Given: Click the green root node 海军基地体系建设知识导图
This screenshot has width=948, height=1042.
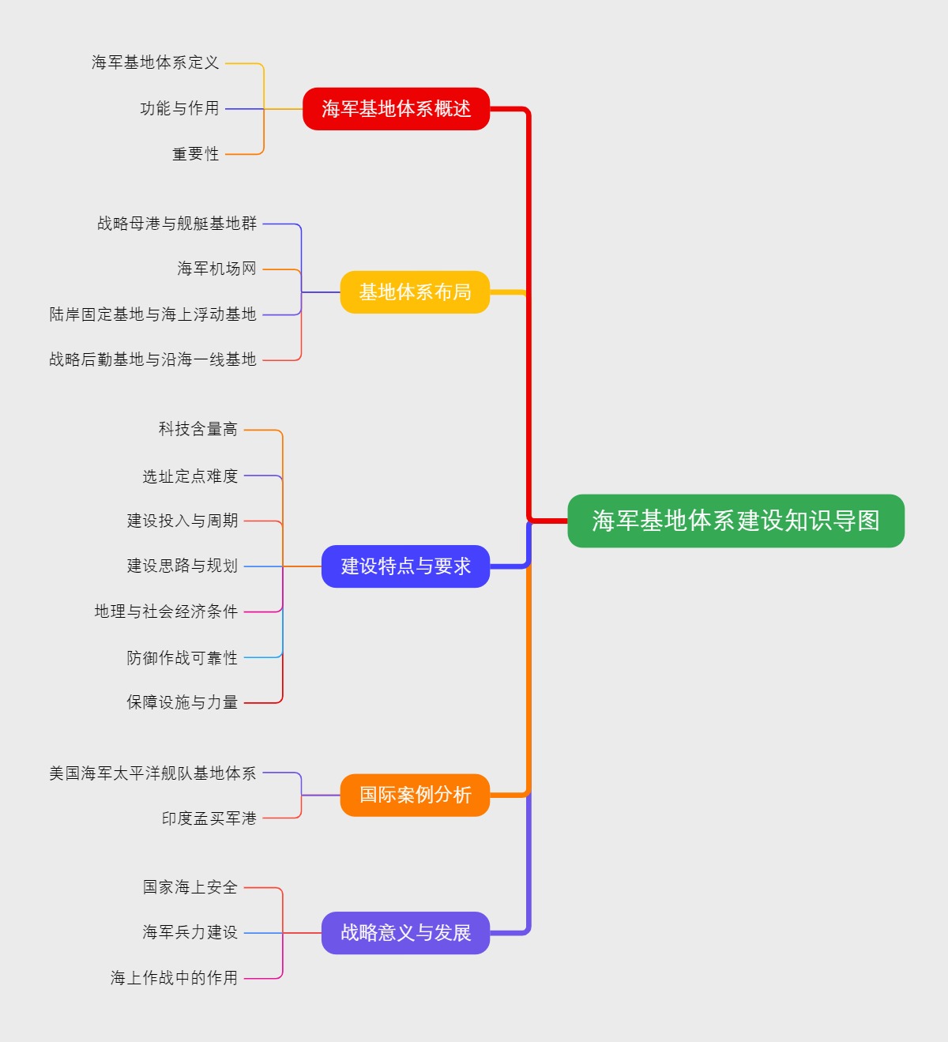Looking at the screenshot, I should (x=735, y=521).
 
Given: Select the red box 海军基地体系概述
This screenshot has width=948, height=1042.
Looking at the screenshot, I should (x=396, y=109).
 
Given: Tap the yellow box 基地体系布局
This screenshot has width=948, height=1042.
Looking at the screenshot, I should (x=415, y=292).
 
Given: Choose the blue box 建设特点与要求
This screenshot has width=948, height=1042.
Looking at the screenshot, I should (x=405, y=566).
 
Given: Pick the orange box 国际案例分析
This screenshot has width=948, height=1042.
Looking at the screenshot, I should (x=415, y=795).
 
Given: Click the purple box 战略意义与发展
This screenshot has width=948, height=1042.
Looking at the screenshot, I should (x=405, y=933).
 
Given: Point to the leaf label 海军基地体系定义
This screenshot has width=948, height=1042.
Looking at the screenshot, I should (x=156, y=62).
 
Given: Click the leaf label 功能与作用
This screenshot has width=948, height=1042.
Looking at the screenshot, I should (x=179, y=108).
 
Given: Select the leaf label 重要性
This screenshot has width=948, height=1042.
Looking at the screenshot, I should (x=196, y=154).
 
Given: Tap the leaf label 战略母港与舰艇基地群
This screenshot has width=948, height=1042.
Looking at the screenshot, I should (x=177, y=224).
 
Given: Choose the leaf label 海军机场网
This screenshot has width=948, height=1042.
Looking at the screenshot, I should (x=217, y=269).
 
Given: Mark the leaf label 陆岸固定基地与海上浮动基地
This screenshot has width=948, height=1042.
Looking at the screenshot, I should (x=153, y=314).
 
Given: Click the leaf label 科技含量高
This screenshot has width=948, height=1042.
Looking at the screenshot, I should (x=198, y=429).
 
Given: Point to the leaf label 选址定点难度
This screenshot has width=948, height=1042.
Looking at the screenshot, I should (x=190, y=476).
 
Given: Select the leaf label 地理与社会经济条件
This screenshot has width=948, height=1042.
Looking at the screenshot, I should (x=166, y=611).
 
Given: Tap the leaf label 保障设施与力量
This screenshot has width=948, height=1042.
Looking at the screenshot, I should (x=182, y=702).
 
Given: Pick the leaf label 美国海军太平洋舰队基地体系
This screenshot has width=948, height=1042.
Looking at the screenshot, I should (x=153, y=773).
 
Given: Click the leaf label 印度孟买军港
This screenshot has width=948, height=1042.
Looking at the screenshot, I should (x=209, y=818).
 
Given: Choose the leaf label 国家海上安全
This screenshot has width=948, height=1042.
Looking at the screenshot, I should (x=190, y=887).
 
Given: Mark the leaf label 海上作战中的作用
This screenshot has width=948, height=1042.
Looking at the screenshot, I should (x=175, y=978).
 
